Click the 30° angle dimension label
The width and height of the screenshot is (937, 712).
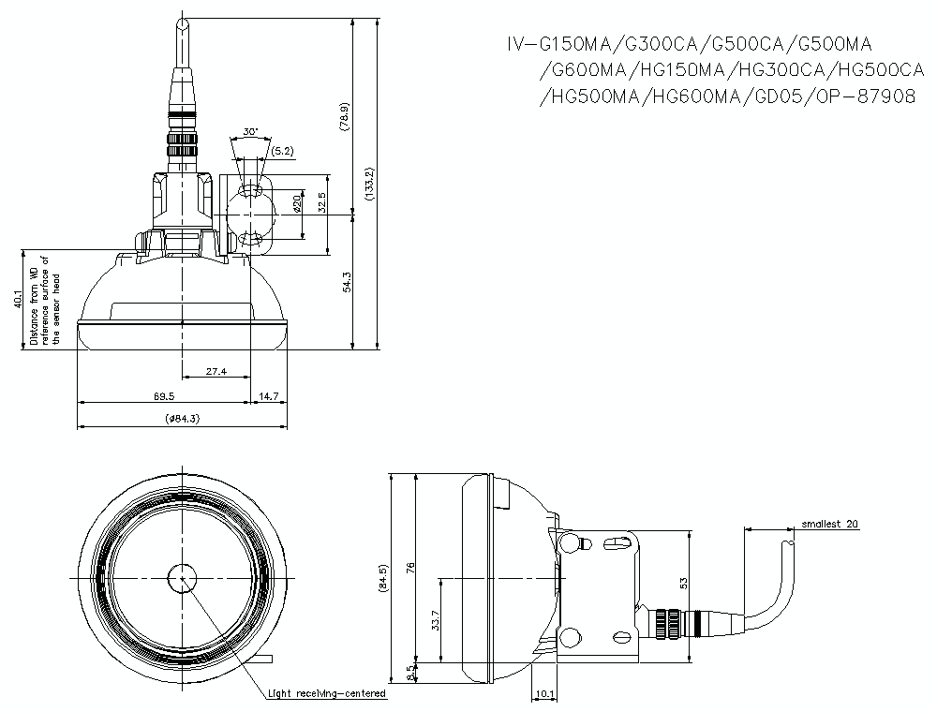click(x=250, y=132)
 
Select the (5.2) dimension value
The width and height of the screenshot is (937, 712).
click(x=281, y=150)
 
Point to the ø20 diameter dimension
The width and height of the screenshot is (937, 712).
click(x=297, y=202)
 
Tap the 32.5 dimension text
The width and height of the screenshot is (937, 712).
click(x=321, y=201)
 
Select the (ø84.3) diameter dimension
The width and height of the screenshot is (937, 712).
click(x=181, y=418)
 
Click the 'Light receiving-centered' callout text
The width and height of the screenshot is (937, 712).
click(x=326, y=694)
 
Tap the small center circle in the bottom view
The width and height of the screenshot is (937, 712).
click(x=182, y=579)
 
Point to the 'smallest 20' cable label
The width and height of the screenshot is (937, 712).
click(x=824, y=524)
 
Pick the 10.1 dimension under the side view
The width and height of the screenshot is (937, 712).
click(x=544, y=694)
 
